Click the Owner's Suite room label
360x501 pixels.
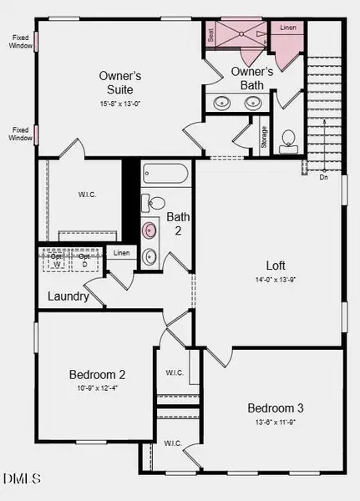[x=119, y=82]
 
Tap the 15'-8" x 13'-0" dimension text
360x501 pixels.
[x=119, y=103]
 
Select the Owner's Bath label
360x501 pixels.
[x=248, y=78]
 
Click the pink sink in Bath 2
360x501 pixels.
[x=150, y=230]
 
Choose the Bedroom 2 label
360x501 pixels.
[x=97, y=374]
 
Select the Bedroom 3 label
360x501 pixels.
[x=275, y=407]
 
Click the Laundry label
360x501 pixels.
[x=68, y=296]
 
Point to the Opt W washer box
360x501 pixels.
[x=58, y=261]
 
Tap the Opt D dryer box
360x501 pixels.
[x=85, y=261]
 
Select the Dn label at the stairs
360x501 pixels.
[x=322, y=176]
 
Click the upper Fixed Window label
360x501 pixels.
[x=23, y=41]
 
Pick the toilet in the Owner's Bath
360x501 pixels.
[x=288, y=139]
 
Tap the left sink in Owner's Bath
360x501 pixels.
[x=223, y=104]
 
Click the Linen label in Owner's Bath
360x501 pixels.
[x=287, y=28]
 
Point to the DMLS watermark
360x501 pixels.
[x=23, y=478]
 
